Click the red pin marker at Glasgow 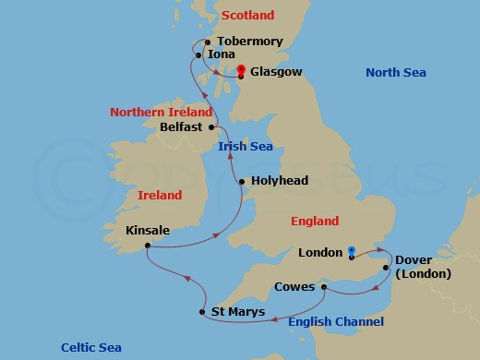click(x=240, y=70)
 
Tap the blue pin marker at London click(x=352, y=250)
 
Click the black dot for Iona click(x=199, y=55)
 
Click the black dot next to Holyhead click(x=241, y=182)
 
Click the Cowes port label click(x=294, y=287)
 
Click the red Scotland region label click(x=248, y=16)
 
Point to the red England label click(x=314, y=221)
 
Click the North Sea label click(x=396, y=73)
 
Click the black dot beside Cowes click(x=324, y=287)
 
